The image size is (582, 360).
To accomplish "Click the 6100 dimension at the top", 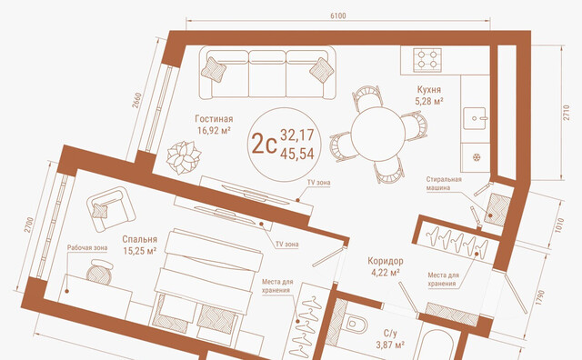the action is tap(337, 15).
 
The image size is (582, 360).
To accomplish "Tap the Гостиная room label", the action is tap(214, 119).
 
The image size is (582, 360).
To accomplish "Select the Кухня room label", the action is tap(428, 90).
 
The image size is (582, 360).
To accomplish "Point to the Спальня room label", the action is tap(139, 239).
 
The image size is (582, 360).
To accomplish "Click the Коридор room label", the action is tap(386, 261).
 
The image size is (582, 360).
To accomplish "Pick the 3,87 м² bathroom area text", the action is tap(390, 345).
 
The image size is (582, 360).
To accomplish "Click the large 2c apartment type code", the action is tap(264, 144).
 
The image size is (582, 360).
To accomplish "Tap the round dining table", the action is tap(378, 134).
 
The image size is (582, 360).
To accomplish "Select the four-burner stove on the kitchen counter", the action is tap(427, 59).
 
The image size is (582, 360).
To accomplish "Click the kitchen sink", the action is tap(475, 118).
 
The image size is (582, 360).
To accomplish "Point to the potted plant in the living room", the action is tap(184, 157).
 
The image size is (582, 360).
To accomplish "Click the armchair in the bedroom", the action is tap(111, 209).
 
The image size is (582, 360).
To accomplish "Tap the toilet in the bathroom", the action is tap(354, 325).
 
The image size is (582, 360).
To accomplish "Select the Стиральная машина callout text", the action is tap(444, 184).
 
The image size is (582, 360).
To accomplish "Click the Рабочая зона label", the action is tap(87, 247).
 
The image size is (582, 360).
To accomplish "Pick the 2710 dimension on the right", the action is tap(566, 113).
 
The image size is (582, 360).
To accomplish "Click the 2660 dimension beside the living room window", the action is tap(136, 100).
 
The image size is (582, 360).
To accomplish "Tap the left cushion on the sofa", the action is tap(214, 69).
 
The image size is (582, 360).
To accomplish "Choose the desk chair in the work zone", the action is tap(99, 272).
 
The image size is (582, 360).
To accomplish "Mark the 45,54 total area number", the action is tap(297, 154).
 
